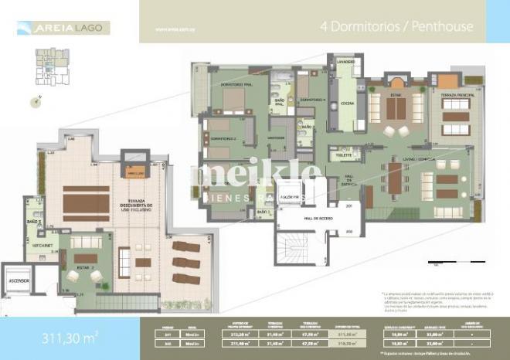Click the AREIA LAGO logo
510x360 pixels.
pyautogui.click(x=63, y=28)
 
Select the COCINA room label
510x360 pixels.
pyautogui.click(x=344, y=106)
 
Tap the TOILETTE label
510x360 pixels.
pyautogui.click(x=343, y=156)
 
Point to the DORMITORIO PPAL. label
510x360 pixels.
pyautogui.click(x=236, y=83)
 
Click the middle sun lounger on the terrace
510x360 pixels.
pyautogui.click(x=186, y=263)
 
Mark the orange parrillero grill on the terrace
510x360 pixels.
pyautogui.click(x=136, y=173)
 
